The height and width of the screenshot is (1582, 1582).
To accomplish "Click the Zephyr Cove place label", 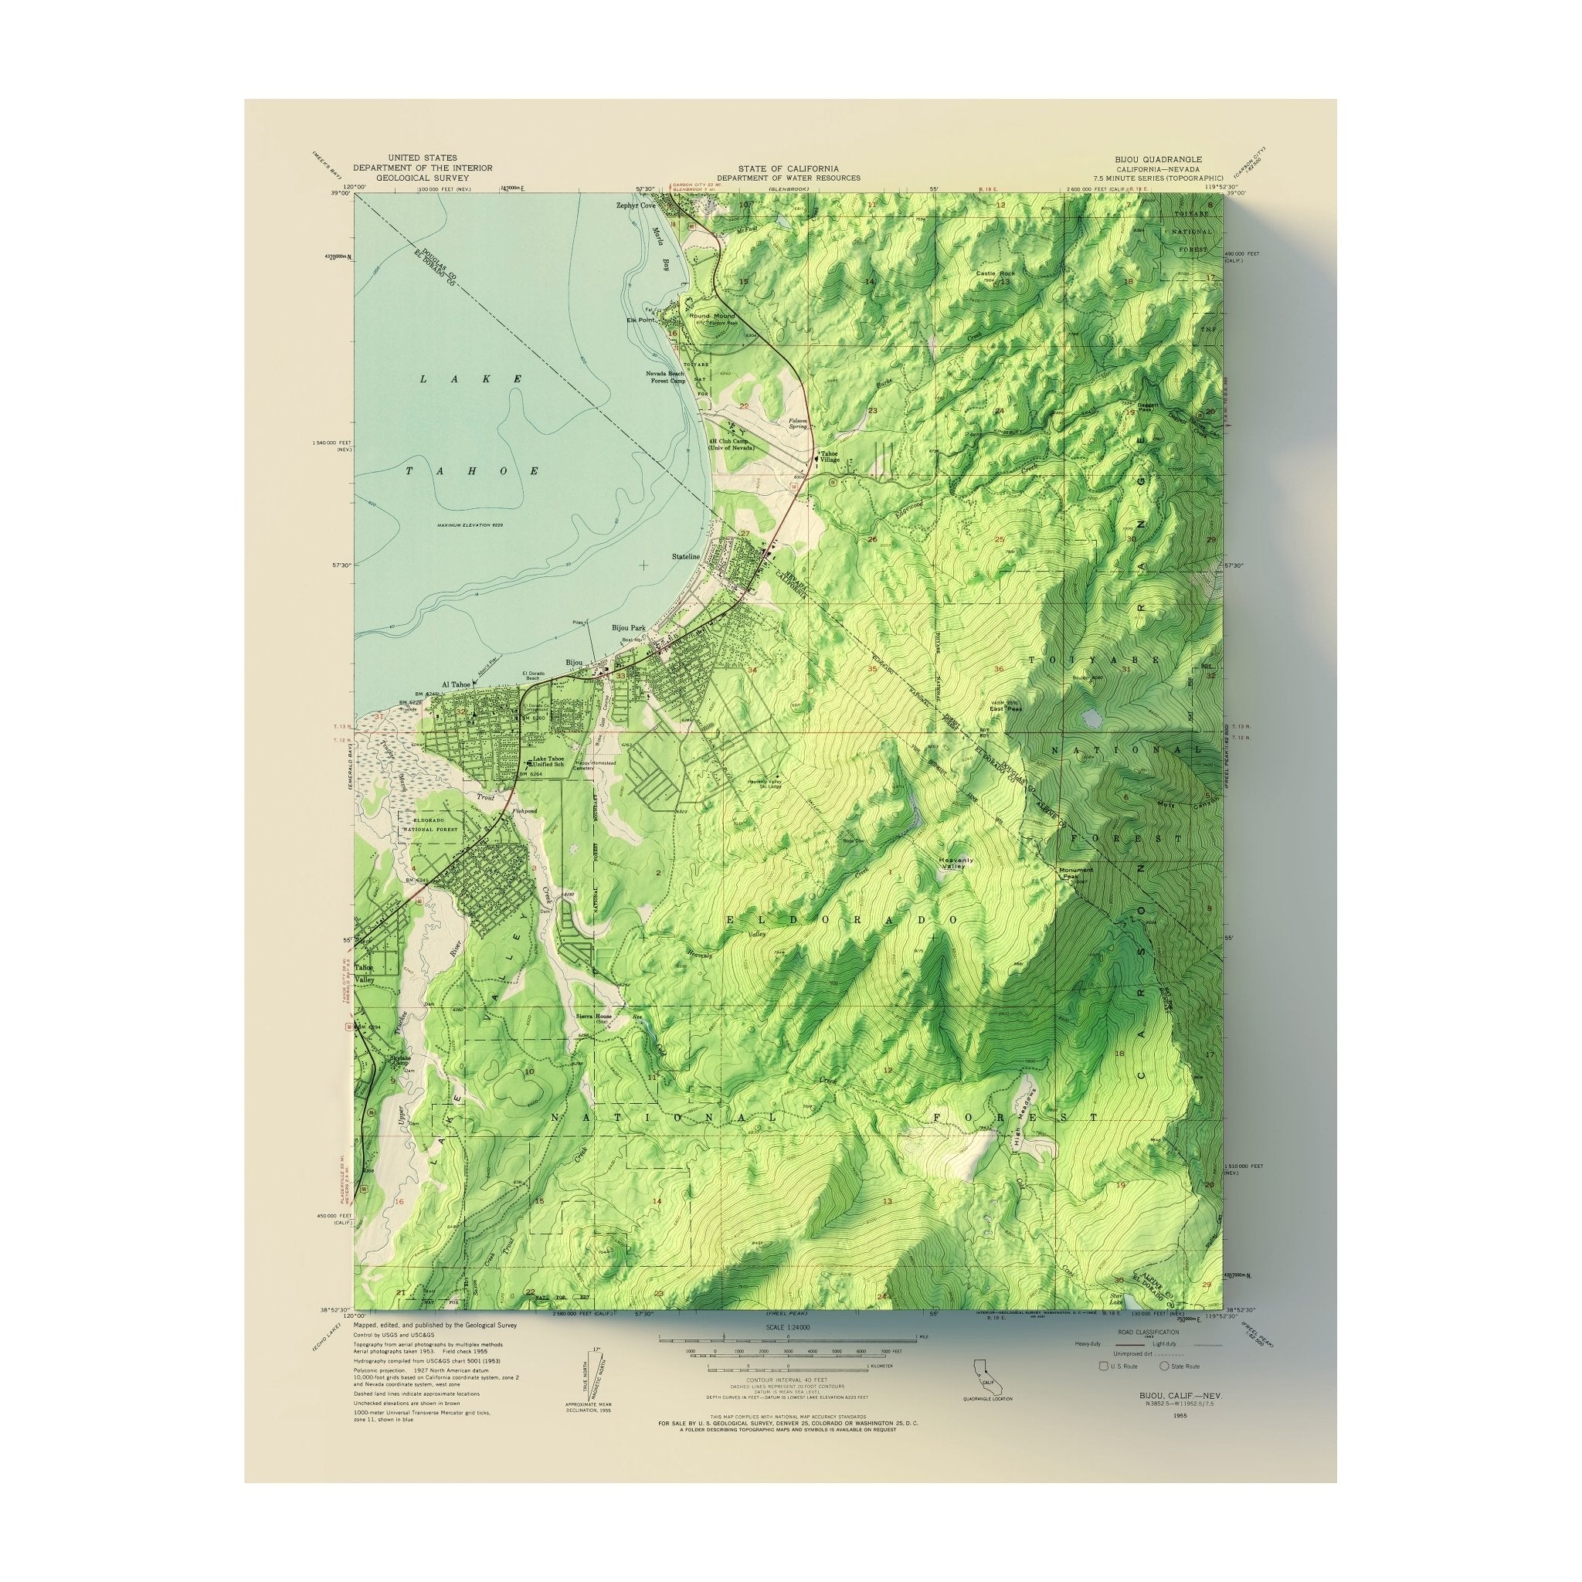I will pos(637,205).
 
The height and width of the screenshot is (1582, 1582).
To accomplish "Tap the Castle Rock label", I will pos(995,273).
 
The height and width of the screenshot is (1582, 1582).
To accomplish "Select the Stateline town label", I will pos(686,556).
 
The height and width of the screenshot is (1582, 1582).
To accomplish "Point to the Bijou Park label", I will pos(629,628).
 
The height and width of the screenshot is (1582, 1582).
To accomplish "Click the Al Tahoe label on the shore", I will pos(458,684).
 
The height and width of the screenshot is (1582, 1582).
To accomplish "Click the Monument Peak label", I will pos(1076,874).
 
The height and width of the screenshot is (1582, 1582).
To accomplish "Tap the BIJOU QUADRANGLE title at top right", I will pos(1157,159).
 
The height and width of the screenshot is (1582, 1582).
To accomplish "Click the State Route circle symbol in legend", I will pos(1163,1366).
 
